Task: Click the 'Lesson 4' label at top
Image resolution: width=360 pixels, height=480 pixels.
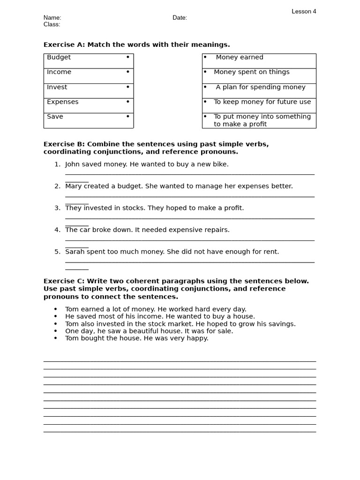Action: (304, 11)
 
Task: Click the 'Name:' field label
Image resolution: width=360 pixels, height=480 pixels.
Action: (52, 18)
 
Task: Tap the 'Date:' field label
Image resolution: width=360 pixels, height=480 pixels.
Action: (180, 18)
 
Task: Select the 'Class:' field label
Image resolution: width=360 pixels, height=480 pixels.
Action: (52, 24)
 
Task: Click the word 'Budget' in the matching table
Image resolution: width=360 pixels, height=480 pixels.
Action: (59, 57)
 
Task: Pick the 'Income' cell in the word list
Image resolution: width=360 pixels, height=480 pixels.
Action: (60, 72)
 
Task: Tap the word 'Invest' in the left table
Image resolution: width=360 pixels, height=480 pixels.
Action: (57, 87)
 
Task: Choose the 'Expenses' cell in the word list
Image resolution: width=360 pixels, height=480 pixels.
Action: (63, 102)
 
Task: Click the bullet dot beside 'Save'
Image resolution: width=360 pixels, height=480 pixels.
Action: (127, 116)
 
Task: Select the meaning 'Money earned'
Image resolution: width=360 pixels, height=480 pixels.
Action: (240, 57)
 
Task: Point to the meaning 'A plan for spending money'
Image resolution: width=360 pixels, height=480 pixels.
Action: (261, 87)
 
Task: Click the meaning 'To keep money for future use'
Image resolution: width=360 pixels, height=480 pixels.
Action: (262, 102)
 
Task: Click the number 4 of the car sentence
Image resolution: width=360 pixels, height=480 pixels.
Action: (57, 230)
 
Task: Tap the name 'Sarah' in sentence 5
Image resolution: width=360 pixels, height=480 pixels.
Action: (75, 252)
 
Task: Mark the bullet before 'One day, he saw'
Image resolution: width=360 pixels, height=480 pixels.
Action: (55, 331)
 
